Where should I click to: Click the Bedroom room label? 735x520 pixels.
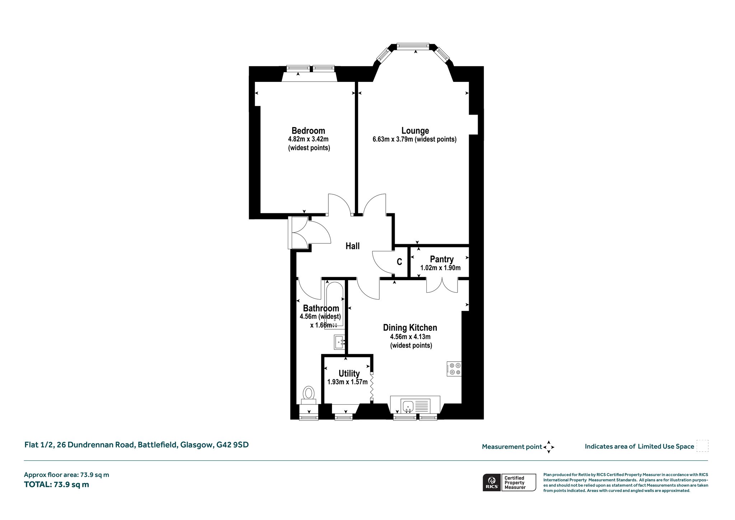coord(308,131)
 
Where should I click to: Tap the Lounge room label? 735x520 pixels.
coord(415,131)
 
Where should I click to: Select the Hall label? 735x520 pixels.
coord(352,246)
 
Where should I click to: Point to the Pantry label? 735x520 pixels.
coord(442,259)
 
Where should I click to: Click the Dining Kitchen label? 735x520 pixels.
coord(410,328)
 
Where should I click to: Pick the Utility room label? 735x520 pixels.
coord(349,373)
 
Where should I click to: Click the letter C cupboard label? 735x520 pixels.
coord(399,262)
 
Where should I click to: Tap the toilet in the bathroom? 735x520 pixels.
coord(308,395)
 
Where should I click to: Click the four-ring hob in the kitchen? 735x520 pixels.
coord(454,369)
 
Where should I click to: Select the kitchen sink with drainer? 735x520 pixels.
coord(415,405)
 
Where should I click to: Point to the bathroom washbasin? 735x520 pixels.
coord(340,342)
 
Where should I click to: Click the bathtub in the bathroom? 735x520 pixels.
coord(334,306)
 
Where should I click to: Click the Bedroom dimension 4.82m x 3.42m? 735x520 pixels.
coord(308,139)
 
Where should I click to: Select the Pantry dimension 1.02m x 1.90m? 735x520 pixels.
coord(440,268)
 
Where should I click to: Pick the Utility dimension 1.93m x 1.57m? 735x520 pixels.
coord(347,382)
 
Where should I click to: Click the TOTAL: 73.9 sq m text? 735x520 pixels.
coord(56,484)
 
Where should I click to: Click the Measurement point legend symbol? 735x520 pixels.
coord(549,447)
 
